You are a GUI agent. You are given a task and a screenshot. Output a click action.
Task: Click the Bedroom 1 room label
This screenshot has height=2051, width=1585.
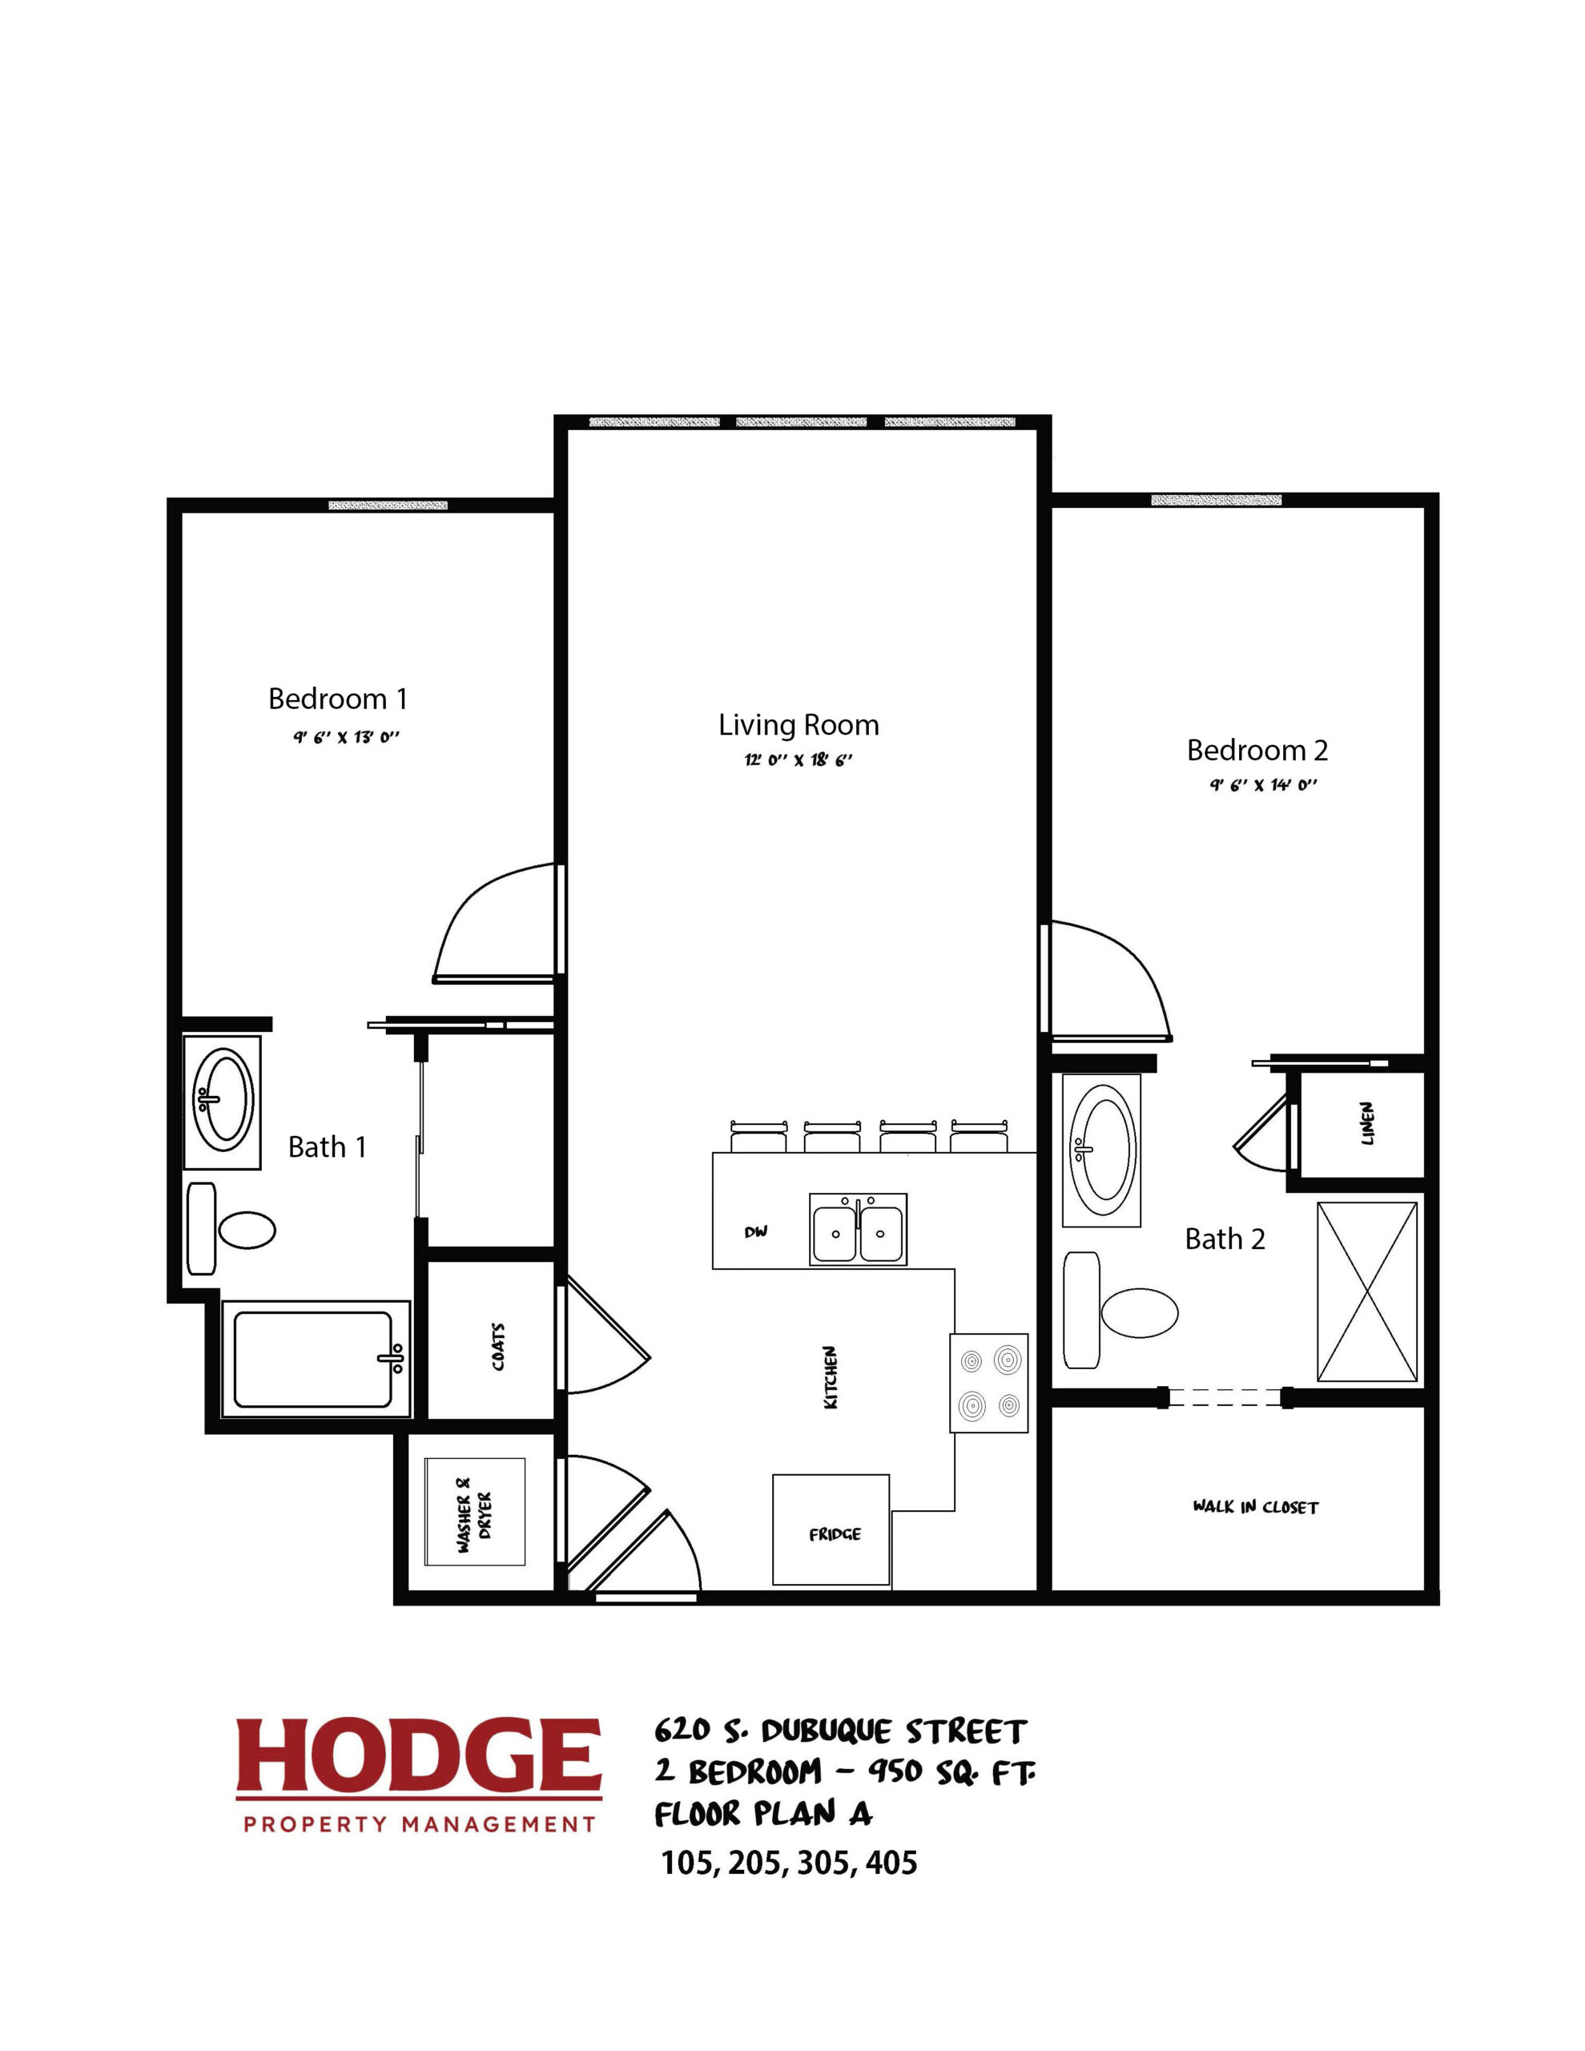tap(338, 699)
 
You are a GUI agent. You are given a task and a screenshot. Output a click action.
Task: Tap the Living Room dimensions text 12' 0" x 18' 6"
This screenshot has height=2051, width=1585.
tap(799, 760)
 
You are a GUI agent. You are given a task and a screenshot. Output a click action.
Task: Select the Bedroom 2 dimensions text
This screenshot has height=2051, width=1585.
tap(1263, 786)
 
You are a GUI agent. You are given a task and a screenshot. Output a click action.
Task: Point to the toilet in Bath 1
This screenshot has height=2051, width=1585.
tap(231, 1228)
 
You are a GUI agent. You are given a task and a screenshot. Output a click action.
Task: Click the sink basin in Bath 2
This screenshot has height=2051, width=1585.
tap(1102, 1151)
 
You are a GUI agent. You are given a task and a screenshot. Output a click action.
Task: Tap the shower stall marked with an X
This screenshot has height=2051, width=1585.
tap(1367, 1292)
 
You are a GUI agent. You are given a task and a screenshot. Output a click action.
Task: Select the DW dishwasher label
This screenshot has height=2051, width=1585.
tap(756, 1232)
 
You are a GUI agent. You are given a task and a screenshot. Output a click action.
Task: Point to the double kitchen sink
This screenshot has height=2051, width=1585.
tap(859, 1229)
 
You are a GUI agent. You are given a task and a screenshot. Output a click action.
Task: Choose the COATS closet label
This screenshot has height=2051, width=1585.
tap(497, 1348)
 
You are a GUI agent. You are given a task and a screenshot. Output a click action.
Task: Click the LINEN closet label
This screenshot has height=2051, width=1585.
tap(1367, 1123)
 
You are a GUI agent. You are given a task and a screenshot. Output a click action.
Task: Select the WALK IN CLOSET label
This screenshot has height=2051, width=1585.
tap(1255, 1507)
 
